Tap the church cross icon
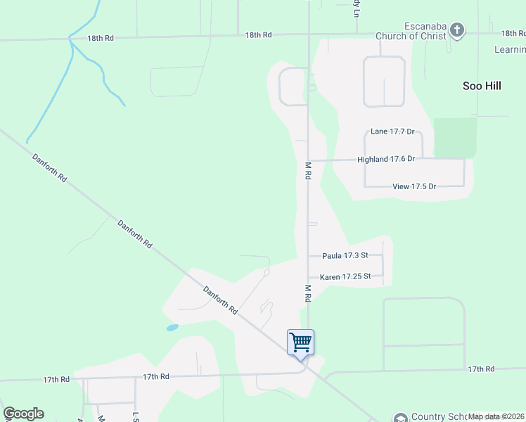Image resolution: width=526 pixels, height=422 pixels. pos(457,30)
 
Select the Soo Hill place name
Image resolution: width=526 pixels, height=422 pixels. pos(482,86)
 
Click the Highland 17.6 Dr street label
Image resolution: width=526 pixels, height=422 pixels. pos(386,160)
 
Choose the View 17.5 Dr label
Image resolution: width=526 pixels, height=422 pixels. pos(414,186)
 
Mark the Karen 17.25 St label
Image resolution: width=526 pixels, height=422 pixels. pos(345,277)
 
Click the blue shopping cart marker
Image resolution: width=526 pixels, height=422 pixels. pos(300,343)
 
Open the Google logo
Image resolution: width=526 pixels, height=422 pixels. pos(24,414)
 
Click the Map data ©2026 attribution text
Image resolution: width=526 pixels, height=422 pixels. pos(496,416)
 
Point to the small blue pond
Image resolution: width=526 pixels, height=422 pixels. pos(172,328)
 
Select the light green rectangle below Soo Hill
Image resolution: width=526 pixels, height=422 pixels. pos(455,138)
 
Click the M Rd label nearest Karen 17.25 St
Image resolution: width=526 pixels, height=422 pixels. pos(307,293)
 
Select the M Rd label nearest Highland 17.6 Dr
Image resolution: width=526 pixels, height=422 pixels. pos(307,171)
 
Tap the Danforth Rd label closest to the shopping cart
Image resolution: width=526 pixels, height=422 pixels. pos(221,300)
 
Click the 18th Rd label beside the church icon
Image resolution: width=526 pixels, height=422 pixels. pos(513,33)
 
